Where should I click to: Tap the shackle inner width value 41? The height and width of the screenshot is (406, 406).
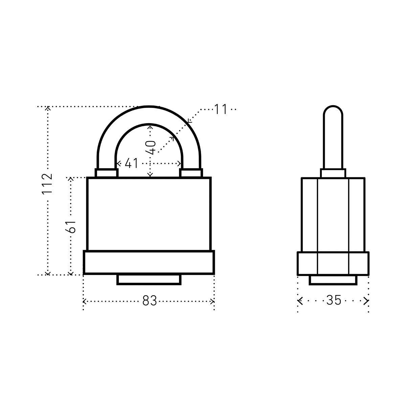tap(132, 163)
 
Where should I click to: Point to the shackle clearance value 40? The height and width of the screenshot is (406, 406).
tap(151, 148)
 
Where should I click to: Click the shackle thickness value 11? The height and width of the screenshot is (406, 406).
tap(221, 109)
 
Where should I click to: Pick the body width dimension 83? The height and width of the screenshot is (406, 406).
tap(150, 301)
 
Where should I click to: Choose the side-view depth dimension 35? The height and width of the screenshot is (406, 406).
tap(334, 300)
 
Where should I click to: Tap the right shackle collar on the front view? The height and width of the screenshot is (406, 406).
tap(191, 173)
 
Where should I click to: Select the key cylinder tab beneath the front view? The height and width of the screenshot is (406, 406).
tap(149, 280)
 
